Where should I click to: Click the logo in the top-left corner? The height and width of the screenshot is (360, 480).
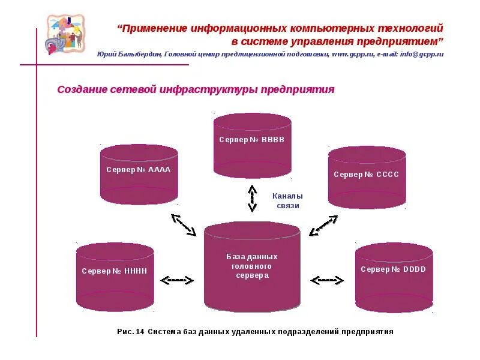point(65,34)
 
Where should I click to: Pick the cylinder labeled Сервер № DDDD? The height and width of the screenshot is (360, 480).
point(394,277)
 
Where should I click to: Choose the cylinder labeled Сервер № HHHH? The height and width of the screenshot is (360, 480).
point(115,277)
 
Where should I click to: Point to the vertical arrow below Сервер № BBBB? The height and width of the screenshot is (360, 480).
point(252,198)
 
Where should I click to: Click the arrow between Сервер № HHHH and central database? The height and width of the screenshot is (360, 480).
point(178,280)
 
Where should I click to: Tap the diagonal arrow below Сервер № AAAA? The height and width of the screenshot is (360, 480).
point(184,224)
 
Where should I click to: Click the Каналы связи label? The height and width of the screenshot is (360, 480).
point(287,200)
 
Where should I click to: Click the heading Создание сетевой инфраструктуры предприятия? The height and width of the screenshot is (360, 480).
point(196,89)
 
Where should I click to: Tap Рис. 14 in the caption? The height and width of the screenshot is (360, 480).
point(130,331)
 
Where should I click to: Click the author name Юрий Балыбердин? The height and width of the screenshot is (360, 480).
point(128,54)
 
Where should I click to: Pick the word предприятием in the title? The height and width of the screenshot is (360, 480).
point(401,41)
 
